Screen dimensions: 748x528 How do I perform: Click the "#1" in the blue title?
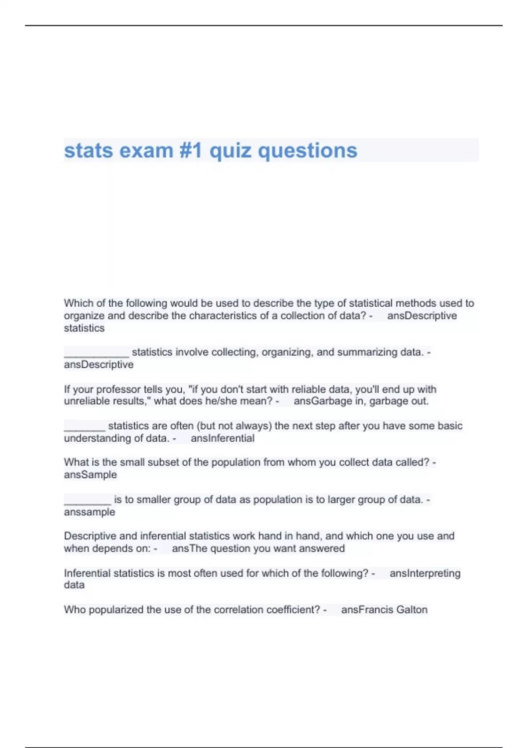click(x=191, y=150)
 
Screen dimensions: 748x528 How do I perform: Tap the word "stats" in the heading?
click(x=88, y=150)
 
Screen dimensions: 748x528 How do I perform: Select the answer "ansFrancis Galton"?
click(x=384, y=609)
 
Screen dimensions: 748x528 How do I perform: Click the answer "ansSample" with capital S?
click(x=90, y=474)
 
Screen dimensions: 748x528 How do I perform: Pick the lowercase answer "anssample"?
click(x=89, y=512)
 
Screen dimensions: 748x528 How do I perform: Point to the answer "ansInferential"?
click(x=222, y=438)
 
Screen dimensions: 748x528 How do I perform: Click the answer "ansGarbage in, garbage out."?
click(x=361, y=401)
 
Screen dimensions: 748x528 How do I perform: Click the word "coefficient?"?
click(x=291, y=609)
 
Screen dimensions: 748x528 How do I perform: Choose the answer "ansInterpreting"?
click(x=425, y=573)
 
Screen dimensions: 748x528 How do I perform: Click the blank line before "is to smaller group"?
click(x=87, y=500)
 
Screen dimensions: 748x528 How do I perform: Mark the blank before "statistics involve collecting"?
click(x=96, y=353)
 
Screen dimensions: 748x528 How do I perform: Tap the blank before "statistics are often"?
click(x=84, y=426)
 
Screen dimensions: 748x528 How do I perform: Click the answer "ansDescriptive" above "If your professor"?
click(x=99, y=364)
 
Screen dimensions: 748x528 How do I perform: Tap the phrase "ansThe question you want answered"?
click(x=258, y=548)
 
